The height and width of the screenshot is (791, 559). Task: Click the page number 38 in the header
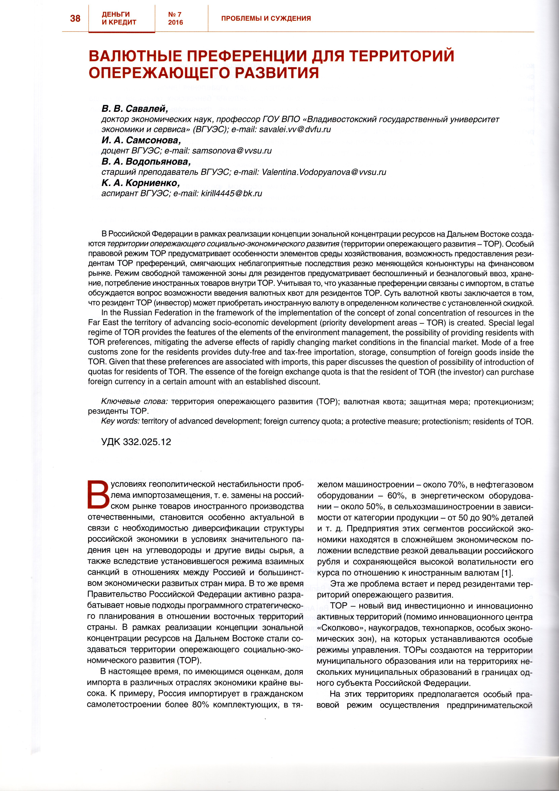(75, 18)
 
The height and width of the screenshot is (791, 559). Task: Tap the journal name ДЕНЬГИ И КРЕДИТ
(119, 18)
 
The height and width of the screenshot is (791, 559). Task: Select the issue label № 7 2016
(175, 18)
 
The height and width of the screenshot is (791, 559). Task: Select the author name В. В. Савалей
(134, 109)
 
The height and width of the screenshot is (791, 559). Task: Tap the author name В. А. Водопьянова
(146, 162)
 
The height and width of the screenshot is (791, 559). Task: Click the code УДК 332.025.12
(136, 442)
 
